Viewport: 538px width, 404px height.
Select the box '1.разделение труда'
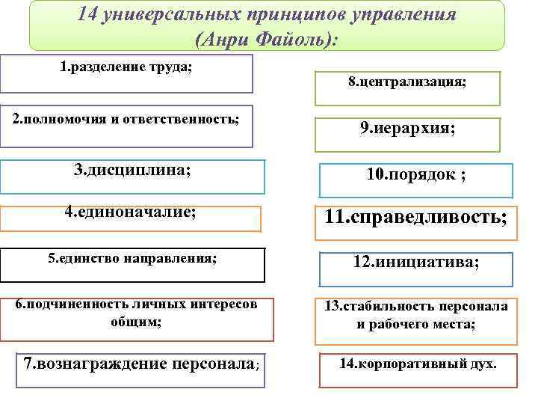(126, 73)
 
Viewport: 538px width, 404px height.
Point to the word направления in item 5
(171, 258)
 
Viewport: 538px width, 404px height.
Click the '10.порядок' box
(416, 176)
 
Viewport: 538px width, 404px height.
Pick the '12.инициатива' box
(416, 263)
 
